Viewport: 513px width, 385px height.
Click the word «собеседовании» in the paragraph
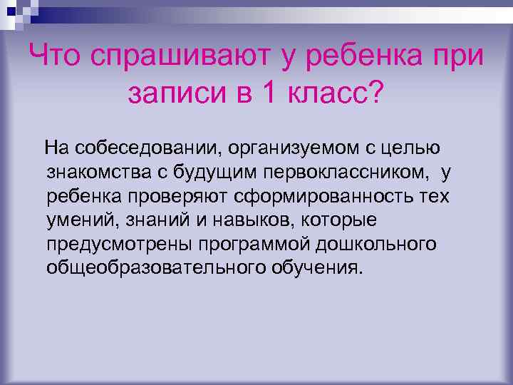[145, 148]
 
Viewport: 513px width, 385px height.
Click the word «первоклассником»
[347, 173]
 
